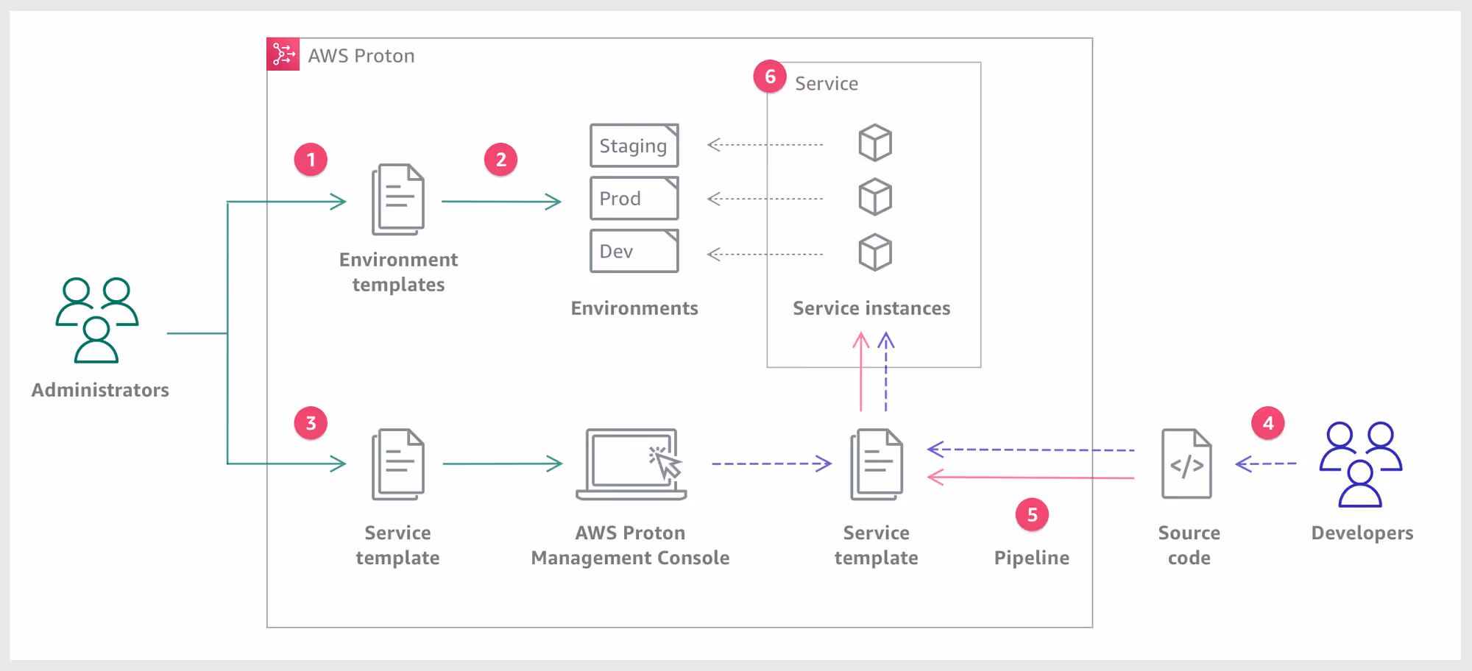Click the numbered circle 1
coord(311,160)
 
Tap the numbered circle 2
coord(500,160)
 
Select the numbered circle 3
coord(311,423)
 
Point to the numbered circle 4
coord(1267,423)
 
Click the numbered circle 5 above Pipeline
coord(1032,515)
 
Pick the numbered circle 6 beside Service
coord(770,77)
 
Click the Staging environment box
coord(634,146)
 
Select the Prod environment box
coord(634,198)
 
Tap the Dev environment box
coord(634,251)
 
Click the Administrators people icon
coord(97,320)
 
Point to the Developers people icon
coord(1360,464)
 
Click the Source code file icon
coord(1186,464)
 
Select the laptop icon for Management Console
coord(631,464)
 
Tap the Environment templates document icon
coord(398,199)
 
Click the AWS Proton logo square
coord(283,54)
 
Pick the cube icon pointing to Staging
coord(875,143)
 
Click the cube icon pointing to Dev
coord(875,252)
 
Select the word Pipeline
coord(1032,558)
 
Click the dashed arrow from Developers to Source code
coord(1266,464)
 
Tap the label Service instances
coord(871,308)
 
